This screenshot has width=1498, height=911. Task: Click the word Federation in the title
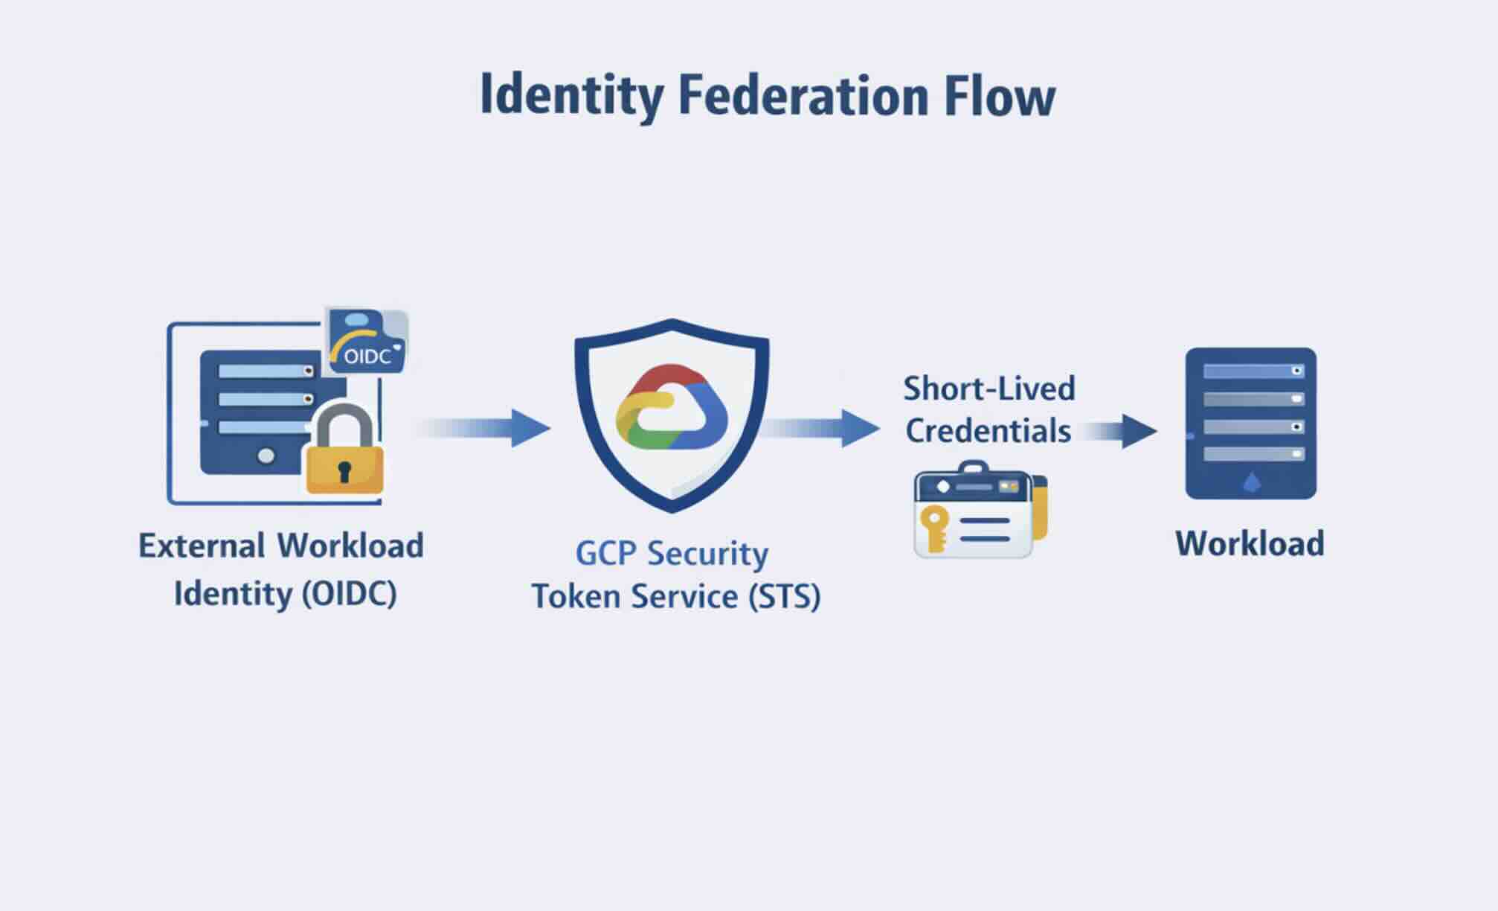point(803,95)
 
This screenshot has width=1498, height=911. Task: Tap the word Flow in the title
point(1000,95)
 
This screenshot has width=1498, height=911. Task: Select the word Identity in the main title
point(571,95)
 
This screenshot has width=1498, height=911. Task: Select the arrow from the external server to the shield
point(483,428)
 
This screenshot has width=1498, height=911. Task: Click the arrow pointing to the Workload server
point(1119,431)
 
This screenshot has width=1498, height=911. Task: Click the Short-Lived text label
point(989,389)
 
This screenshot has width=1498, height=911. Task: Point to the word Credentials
point(989,431)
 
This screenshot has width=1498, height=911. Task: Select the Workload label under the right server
point(1250,543)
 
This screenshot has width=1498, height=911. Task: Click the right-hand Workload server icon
point(1250,423)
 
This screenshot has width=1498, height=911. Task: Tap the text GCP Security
point(672,554)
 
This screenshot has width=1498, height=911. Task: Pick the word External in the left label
point(202,546)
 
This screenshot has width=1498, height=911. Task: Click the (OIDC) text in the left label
point(350,594)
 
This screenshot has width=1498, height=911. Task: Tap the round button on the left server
point(266,455)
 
